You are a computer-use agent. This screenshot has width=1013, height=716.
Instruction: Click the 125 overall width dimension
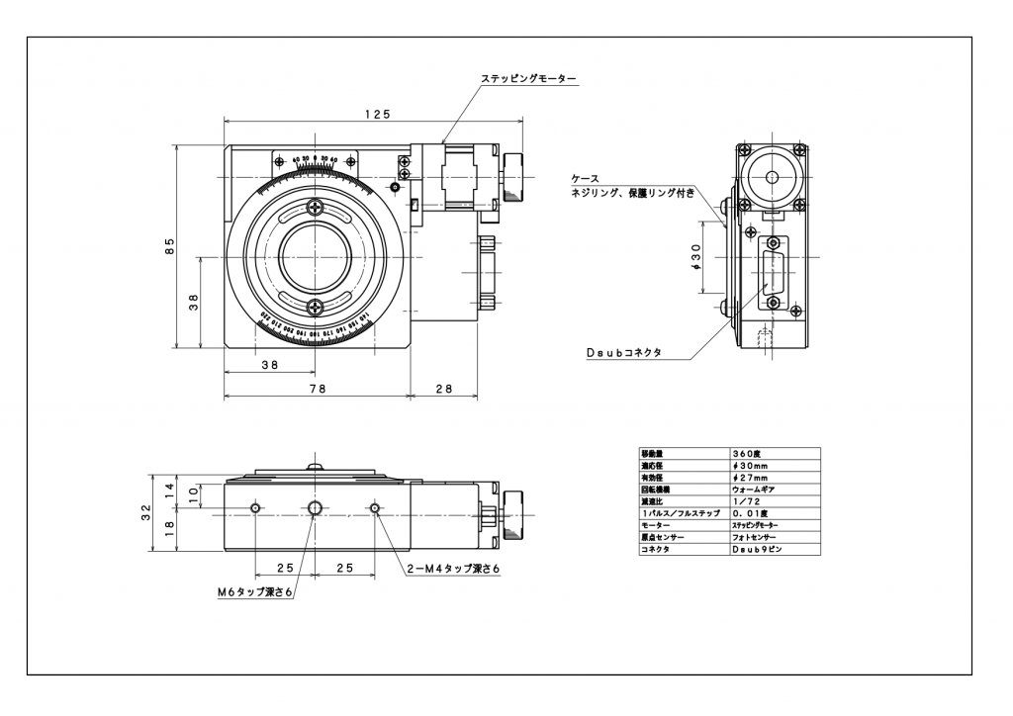pyautogui.click(x=376, y=115)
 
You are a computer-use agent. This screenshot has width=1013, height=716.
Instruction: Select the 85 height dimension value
pyautogui.click(x=170, y=245)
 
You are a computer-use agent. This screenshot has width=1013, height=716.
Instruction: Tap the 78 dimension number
pyautogui.click(x=317, y=389)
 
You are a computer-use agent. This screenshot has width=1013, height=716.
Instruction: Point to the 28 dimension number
pyautogui.click(x=443, y=389)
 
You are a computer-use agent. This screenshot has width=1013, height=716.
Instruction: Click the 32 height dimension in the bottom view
pyautogui.click(x=146, y=512)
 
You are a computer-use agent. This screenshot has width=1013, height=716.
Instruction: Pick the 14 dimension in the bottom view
pyautogui.click(x=169, y=490)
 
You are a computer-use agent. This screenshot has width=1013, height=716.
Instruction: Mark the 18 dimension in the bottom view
pyautogui.click(x=169, y=526)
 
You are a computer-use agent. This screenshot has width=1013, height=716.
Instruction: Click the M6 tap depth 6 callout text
pyautogui.click(x=255, y=591)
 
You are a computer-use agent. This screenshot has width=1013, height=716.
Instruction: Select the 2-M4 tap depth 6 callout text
pyautogui.click(x=454, y=569)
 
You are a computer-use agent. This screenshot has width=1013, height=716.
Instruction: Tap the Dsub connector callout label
pyautogui.click(x=623, y=352)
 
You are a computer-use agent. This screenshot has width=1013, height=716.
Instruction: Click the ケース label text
pyautogui.click(x=585, y=179)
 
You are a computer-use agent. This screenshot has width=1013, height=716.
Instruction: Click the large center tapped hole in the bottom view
pyautogui.click(x=316, y=508)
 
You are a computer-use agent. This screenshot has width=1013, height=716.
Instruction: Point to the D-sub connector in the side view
pyautogui.click(x=773, y=271)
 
